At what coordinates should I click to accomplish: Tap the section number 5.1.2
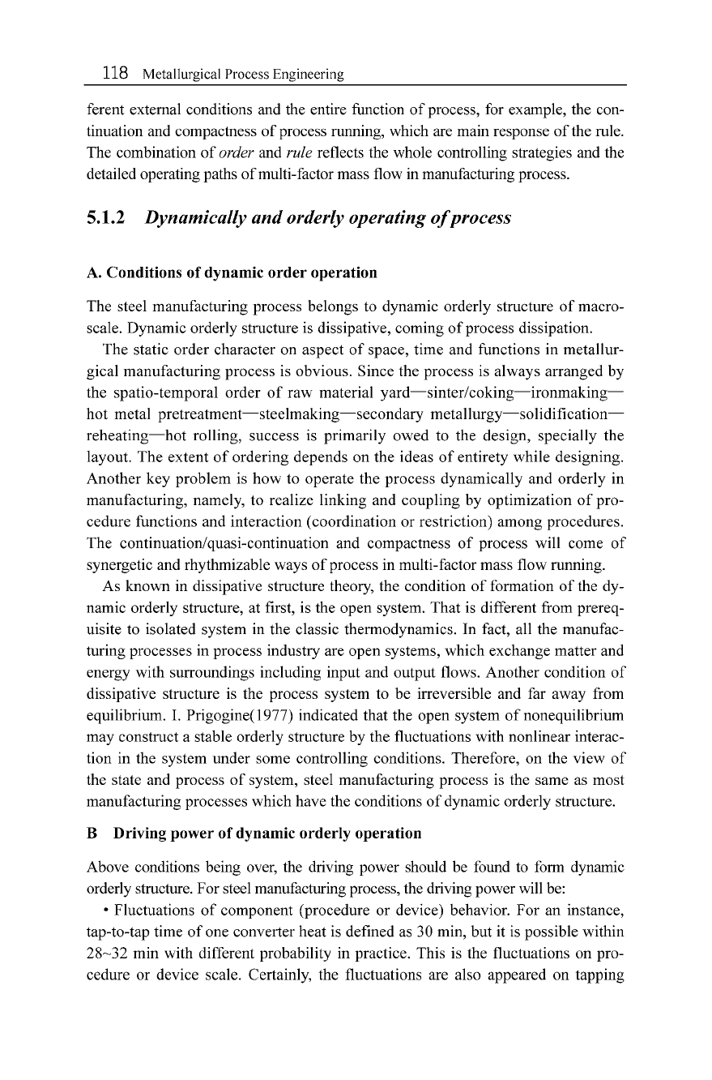click(106, 219)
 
